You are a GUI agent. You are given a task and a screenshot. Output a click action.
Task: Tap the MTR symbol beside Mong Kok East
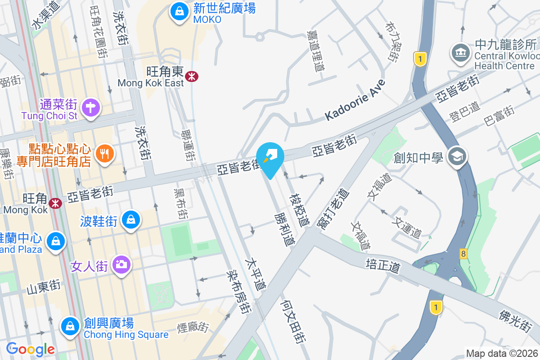click(x=192, y=76)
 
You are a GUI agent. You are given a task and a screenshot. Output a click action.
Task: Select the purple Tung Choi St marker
click(x=91, y=108)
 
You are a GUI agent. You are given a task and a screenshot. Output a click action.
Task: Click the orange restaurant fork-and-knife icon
click(x=105, y=154)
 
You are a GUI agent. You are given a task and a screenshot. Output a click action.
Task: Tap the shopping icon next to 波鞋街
click(x=130, y=220)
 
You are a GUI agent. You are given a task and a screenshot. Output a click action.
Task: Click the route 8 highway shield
click(x=463, y=254)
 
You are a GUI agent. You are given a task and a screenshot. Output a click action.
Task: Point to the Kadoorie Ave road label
click(x=355, y=100)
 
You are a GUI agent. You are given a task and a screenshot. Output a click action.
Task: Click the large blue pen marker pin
click(x=270, y=158)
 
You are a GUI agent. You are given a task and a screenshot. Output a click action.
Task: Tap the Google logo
click(x=31, y=349)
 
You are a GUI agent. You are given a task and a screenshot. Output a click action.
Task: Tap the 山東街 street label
click(x=43, y=287)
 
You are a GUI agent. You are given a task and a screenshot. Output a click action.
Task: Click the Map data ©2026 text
click(x=502, y=354)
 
